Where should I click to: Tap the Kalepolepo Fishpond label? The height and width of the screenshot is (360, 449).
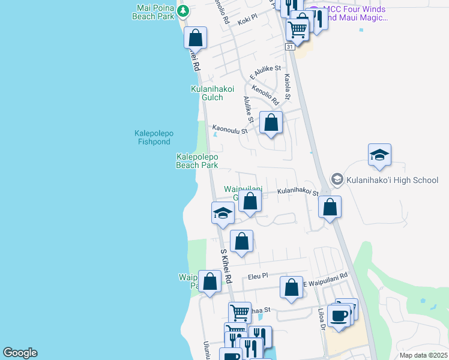(152, 137)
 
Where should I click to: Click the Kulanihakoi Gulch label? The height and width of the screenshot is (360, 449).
(212, 93)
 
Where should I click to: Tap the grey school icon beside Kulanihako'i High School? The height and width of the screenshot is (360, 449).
(337, 179)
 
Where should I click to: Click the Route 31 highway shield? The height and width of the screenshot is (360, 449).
(290, 47)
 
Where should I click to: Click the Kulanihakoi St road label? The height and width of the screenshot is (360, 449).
(297, 192)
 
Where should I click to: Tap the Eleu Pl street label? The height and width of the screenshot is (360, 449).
(257, 277)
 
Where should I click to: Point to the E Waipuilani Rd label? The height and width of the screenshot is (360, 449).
(325, 276)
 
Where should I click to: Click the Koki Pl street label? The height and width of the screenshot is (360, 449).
(247, 22)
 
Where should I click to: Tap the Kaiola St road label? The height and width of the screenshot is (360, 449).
(288, 86)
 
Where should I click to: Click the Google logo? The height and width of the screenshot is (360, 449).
(20, 353)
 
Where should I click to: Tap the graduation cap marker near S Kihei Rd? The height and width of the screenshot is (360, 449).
(223, 212)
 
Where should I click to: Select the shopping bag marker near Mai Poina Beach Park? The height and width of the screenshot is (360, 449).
(196, 38)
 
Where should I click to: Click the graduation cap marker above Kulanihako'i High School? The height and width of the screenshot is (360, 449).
(379, 155)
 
